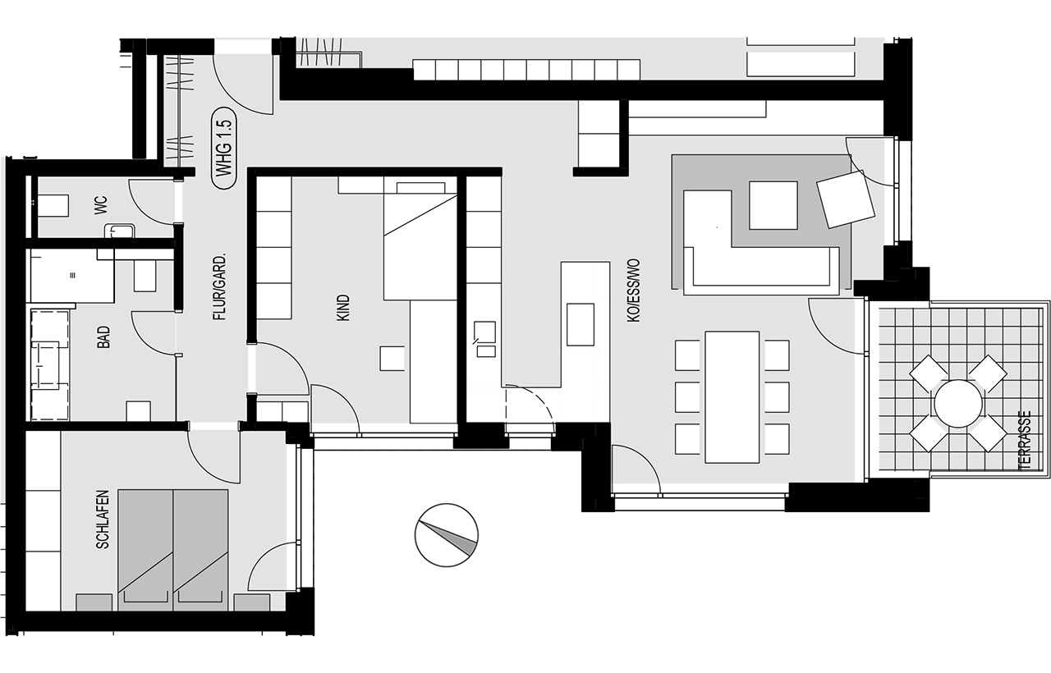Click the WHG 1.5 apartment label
coord(225,149)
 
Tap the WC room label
coord(101,205)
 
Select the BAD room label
coord(103,336)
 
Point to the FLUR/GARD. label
coord(219,287)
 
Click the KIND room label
coord(343,308)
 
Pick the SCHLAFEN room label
coord(103,520)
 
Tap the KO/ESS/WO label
coord(633,291)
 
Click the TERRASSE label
coord(1025,441)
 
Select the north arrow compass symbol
coord(446,535)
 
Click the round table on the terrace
coord(958,403)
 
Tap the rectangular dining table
coord(732,396)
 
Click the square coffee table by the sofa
coord(773,205)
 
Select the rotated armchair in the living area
coord(846,199)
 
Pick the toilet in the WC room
coord(53,206)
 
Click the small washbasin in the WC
coord(120,231)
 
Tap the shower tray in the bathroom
coord(72,275)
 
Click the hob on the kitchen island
coord(581,324)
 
